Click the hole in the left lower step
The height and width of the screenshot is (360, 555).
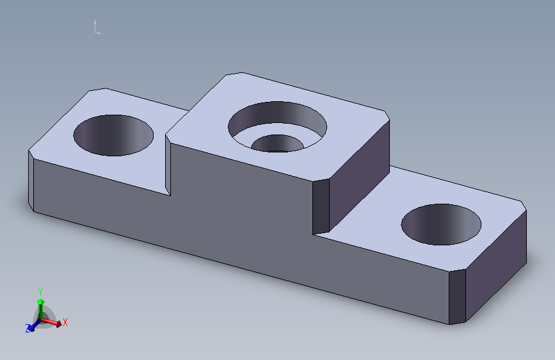113,135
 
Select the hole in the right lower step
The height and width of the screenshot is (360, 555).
441,224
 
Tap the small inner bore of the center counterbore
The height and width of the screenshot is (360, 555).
278,143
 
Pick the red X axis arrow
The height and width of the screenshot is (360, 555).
51,322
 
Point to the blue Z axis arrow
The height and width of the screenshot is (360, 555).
34,325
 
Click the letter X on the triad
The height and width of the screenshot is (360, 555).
65,322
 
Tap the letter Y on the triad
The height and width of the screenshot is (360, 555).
40,291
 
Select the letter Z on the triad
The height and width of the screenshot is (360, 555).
28,329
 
